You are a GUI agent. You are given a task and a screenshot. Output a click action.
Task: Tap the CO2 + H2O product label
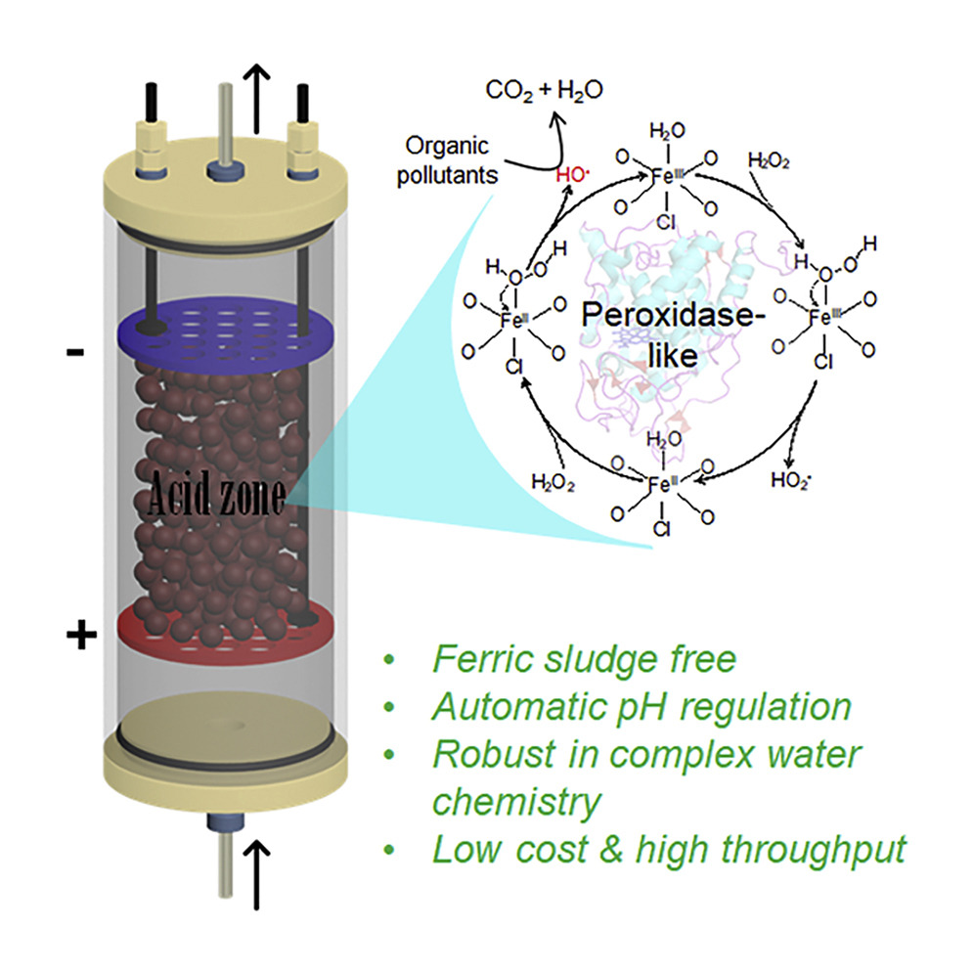[545, 91]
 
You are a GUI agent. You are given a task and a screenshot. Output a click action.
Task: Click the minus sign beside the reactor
[74, 350]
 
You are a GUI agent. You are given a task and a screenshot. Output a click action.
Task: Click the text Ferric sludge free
[583, 660]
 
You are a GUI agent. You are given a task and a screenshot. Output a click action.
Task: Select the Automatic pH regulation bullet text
[642, 707]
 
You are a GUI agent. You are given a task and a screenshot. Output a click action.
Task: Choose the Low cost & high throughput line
[669, 849]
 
